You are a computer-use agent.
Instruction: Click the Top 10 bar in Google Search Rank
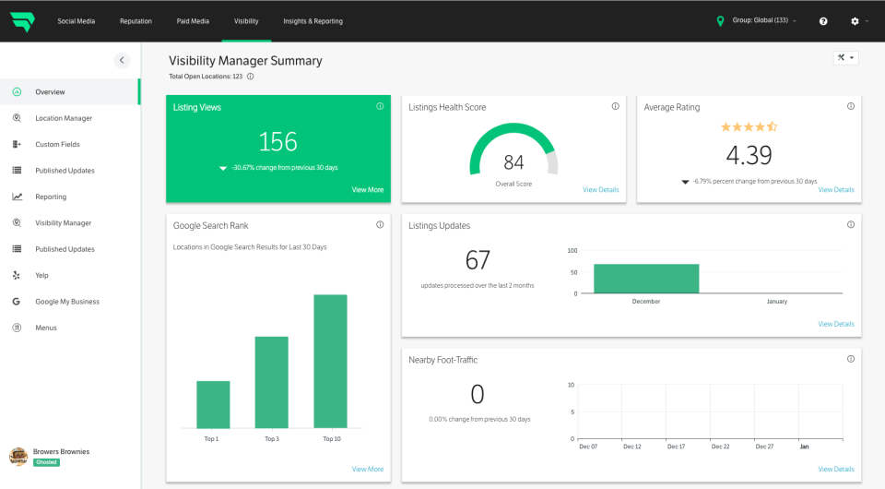330,361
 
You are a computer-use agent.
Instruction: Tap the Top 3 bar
271,382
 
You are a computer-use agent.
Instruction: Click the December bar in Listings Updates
646,279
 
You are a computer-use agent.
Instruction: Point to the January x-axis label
777,302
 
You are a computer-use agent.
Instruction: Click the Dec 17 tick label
676,447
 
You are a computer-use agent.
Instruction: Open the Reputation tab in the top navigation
136,21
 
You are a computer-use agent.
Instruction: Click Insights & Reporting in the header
313,21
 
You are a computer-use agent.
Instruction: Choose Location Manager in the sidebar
64,118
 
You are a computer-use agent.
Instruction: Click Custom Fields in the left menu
57,145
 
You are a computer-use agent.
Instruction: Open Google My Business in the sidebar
67,302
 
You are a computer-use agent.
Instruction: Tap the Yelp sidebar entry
41,275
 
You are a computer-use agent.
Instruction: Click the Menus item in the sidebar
46,328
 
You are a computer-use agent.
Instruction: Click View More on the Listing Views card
367,190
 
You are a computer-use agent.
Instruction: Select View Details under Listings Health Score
600,190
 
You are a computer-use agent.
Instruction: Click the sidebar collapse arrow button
122,60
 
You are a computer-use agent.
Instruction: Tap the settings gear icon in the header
855,21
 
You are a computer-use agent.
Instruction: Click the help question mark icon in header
823,21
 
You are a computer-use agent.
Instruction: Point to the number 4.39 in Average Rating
749,154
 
